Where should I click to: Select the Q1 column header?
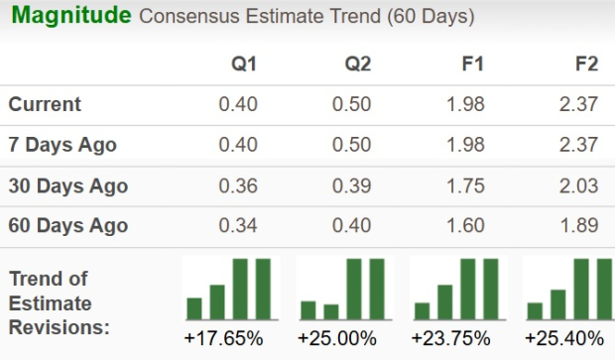(244, 64)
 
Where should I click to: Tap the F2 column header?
(585, 64)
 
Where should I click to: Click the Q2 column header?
(357, 64)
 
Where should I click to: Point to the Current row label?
(45, 104)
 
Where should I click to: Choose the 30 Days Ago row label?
(67, 185)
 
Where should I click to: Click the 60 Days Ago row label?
(67, 226)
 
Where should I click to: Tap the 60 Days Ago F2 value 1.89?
(578, 226)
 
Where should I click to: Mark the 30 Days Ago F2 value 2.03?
(578, 185)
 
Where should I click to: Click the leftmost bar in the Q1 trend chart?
(194, 308)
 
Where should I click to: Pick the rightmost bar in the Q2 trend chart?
(377, 289)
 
